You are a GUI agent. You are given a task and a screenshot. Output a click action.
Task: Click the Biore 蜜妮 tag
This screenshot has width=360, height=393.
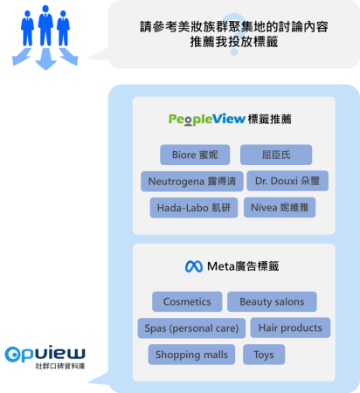pos(195,155)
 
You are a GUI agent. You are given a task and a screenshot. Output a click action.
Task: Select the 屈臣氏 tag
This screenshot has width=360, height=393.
pos(276,155)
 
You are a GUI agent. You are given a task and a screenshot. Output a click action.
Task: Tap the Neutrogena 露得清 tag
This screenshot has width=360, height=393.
pos(192,182)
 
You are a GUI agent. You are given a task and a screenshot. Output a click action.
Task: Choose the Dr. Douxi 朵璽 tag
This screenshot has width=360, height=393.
pos(287,181)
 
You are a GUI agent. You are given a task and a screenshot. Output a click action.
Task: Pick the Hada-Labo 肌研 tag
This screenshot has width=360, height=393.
pos(194,208)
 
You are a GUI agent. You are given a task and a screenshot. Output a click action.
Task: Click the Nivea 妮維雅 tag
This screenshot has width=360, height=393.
pos(280,207)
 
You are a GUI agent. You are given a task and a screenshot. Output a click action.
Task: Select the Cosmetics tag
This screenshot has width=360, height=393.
pos(187,301)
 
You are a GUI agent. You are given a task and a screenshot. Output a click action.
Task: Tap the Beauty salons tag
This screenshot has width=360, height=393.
pos(272,301)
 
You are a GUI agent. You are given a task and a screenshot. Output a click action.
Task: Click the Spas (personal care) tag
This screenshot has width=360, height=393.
pos(191,328)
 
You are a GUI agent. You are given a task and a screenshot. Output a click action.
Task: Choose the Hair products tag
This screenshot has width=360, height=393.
pos(290,327)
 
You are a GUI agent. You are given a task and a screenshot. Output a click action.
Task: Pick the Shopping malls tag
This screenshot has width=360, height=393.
pos(191,355)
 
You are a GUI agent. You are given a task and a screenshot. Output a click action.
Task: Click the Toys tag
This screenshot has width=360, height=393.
pos(264,355)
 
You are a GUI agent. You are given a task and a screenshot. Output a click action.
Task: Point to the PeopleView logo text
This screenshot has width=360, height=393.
pos(207,120)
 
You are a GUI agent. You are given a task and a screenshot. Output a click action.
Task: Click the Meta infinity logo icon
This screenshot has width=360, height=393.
pos(194,266)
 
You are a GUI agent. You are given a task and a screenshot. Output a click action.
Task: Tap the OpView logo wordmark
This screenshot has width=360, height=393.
pos(45,354)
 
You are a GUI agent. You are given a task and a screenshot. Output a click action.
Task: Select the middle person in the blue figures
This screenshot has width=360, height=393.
pos(45,25)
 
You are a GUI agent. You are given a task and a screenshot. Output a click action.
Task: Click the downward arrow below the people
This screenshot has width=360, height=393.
pos(45,59)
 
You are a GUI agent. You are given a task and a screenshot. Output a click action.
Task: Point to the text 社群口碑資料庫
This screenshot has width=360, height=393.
pos(60,366)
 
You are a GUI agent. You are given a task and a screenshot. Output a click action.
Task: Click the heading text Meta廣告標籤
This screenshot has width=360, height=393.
pos(243,266)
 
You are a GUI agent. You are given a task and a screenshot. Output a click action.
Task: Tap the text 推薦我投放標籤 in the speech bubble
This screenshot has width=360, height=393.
pos(234,42)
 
